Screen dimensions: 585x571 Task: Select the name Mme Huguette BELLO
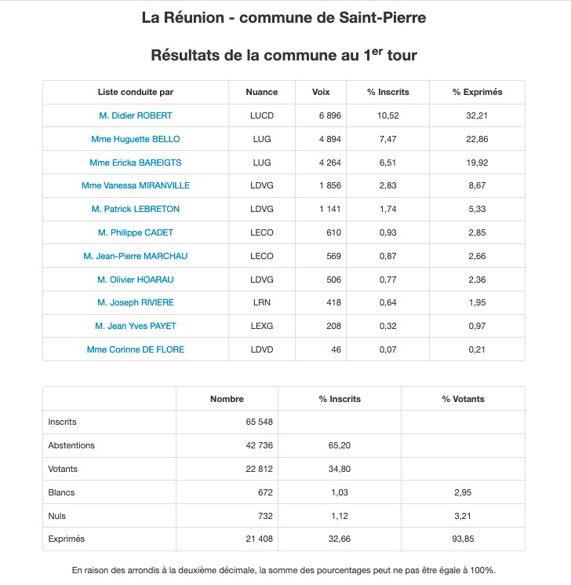(136, 139)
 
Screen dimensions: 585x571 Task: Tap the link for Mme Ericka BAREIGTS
(136, 163)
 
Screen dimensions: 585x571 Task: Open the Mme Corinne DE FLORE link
(136, 349)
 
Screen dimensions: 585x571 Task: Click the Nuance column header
(261, 92)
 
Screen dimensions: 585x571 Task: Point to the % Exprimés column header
(477, 92)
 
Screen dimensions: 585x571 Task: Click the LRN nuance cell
(261, 302)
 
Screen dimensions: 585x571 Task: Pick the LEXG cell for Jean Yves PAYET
(261, 326)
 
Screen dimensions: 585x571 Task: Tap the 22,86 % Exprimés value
(477, 139)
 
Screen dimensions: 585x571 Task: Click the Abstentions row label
(71, 445)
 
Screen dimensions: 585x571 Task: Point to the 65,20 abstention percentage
(339, 445)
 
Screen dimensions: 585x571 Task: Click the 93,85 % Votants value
(463, 539)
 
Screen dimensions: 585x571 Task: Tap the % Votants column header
(463, 399)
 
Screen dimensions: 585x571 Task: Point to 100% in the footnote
(479, 570)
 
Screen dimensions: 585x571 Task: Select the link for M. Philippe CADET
(136, 232)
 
